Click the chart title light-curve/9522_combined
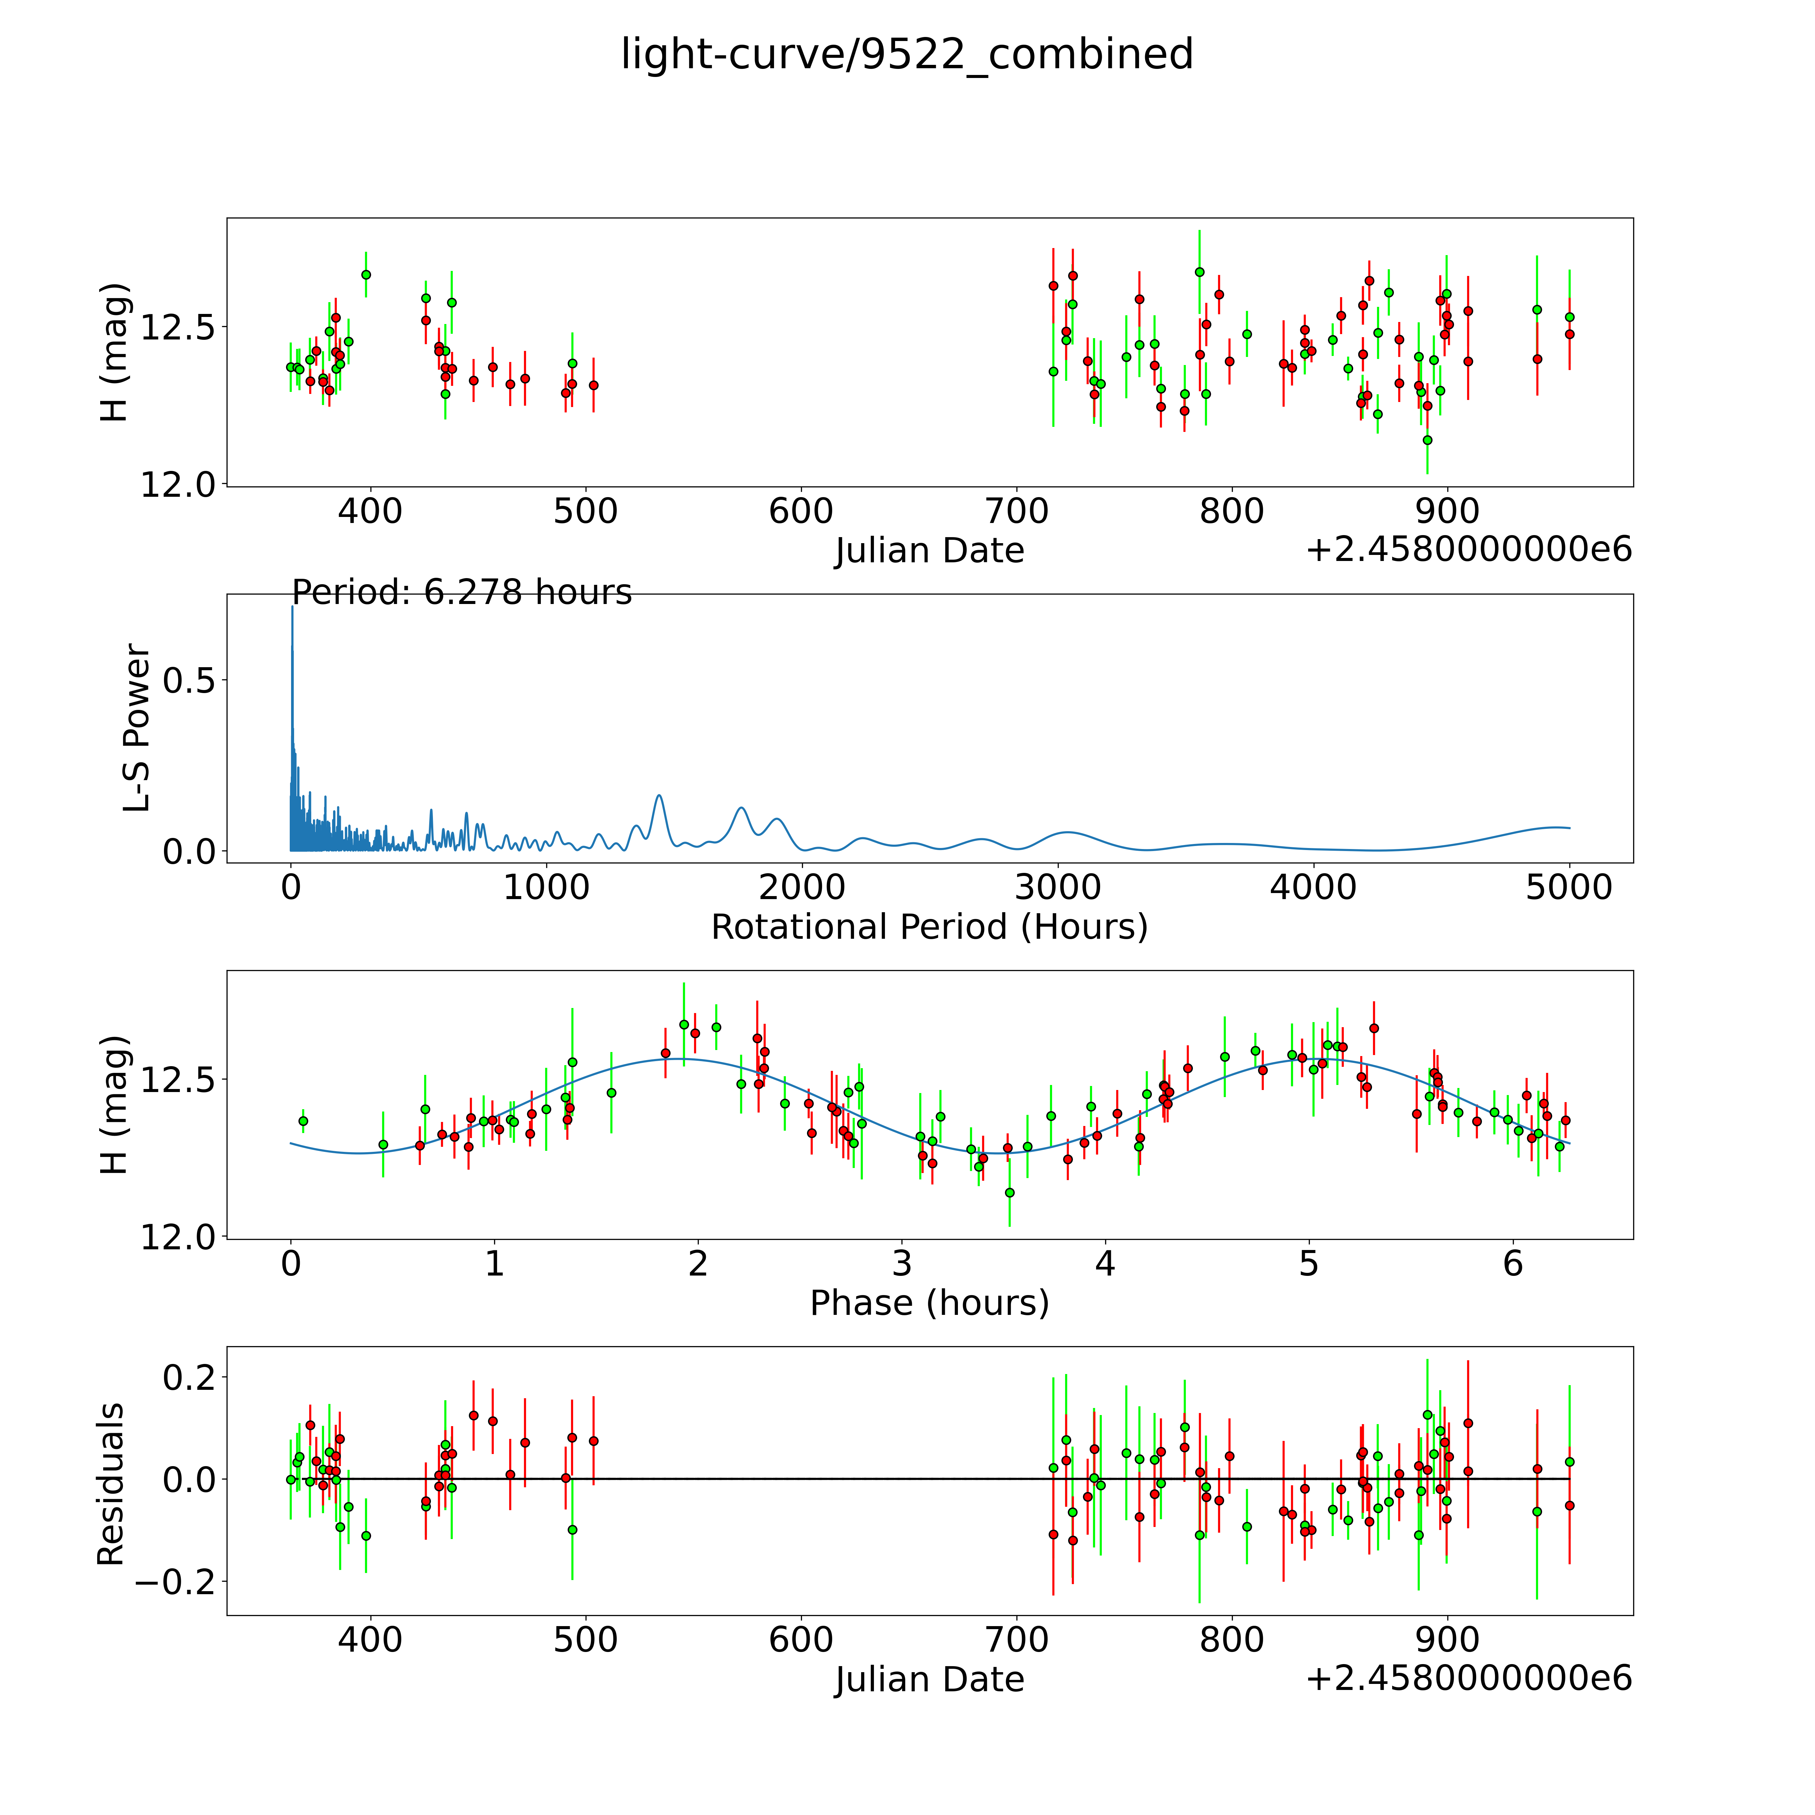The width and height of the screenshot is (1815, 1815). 906,54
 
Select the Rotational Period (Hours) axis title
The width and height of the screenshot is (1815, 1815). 929,927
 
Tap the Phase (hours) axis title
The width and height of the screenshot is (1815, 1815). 929,1303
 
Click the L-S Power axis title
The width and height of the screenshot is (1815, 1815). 137,728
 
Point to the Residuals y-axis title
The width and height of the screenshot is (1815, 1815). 111,1484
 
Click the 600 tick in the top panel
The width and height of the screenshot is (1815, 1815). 800,512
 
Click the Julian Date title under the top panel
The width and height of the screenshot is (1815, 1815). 929,551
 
